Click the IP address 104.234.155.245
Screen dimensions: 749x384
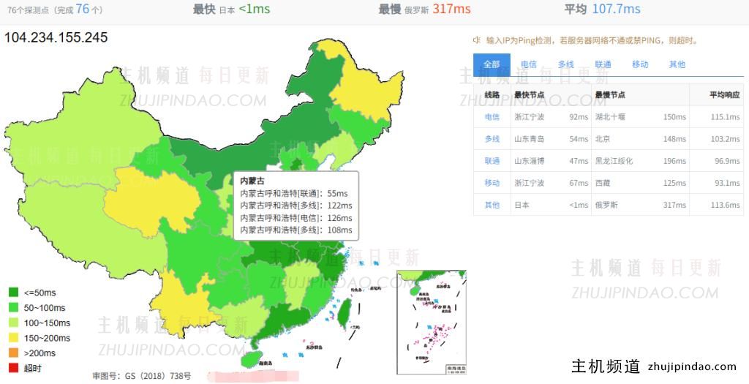coord(56,37)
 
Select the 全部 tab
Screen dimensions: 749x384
coord(492,64)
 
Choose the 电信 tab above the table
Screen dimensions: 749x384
coord(528,64)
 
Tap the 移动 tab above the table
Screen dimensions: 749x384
coord(640,64)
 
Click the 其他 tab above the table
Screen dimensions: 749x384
coord(677,64)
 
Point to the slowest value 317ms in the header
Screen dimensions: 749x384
coord(451,9)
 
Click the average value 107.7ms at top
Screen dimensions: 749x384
coord(616,9)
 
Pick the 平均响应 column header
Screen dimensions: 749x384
coord(724,95)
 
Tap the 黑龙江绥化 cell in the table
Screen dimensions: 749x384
coord(614,161)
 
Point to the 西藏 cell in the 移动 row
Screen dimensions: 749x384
coord(603,183)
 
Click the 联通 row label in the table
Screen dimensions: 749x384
coord(492,161)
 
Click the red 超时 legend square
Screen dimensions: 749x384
coord(13,368)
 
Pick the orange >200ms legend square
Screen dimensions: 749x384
coord(13,353)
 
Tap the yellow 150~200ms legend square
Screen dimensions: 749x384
coord(13,338)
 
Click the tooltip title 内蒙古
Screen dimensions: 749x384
coord(252,181)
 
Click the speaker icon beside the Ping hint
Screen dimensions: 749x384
coord(477,40)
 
